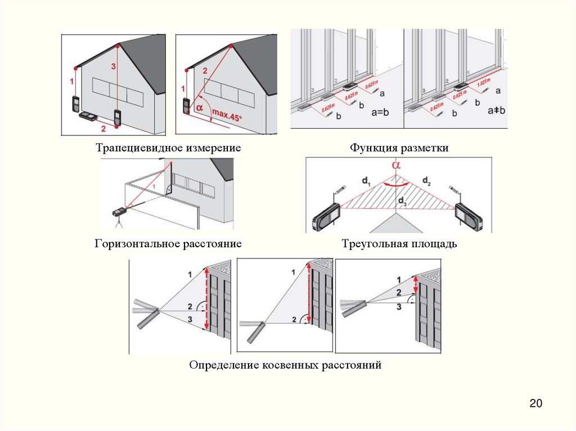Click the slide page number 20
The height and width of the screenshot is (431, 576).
[535, 403]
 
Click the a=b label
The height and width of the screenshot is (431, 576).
[378, 111]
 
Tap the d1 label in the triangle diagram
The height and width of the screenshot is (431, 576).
[367, 181]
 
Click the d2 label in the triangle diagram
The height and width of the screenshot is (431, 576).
[426, 181]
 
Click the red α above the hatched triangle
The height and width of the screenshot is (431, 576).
[397, 166]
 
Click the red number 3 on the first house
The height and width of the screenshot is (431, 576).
[114, 67]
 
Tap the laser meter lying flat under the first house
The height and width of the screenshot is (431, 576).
[88, 116]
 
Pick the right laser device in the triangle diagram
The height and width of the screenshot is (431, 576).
[467, 217]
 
